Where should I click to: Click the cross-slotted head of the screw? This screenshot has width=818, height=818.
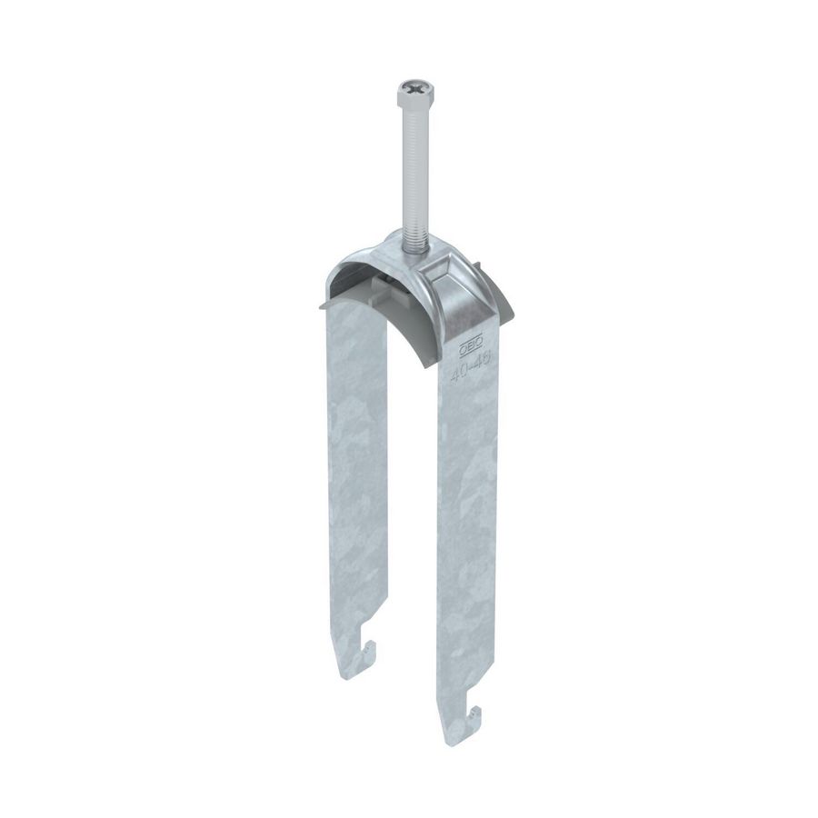407,91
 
